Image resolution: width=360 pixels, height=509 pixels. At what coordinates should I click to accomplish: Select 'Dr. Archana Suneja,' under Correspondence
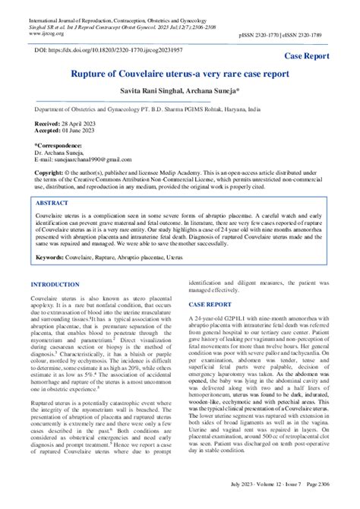pyautogui.click(x=62, y=152)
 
